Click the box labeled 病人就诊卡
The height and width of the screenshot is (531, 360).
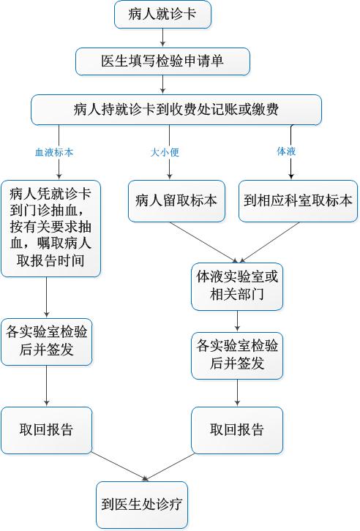[162, 15]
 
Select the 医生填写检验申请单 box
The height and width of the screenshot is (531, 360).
[162, 61]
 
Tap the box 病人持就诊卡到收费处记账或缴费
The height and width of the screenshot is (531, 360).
[176, 110]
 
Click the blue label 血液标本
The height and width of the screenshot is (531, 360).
[54, 152]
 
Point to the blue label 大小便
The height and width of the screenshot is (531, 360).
[165, 152]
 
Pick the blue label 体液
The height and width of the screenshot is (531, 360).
[287, 151]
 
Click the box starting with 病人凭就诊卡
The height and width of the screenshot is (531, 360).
[50, 229]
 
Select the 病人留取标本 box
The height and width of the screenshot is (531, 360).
[176, 201]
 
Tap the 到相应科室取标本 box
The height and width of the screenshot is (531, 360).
[298, 201]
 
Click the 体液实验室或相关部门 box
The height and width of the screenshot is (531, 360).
[237, 287]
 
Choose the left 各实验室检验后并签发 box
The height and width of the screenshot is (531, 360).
[46, 342]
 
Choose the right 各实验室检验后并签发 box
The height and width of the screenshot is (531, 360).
[237, 356]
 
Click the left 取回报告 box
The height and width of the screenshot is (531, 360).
[46, 430]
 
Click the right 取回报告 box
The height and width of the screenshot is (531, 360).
[237, 430]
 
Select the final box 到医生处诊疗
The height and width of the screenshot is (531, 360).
[142, 505]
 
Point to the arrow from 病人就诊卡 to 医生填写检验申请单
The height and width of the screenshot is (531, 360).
[163, 37]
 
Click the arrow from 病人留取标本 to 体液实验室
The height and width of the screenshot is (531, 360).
[204, 242]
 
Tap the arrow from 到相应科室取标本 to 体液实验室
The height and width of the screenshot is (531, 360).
[269, 242]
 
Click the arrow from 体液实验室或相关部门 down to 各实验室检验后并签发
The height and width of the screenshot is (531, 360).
[237, 321]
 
